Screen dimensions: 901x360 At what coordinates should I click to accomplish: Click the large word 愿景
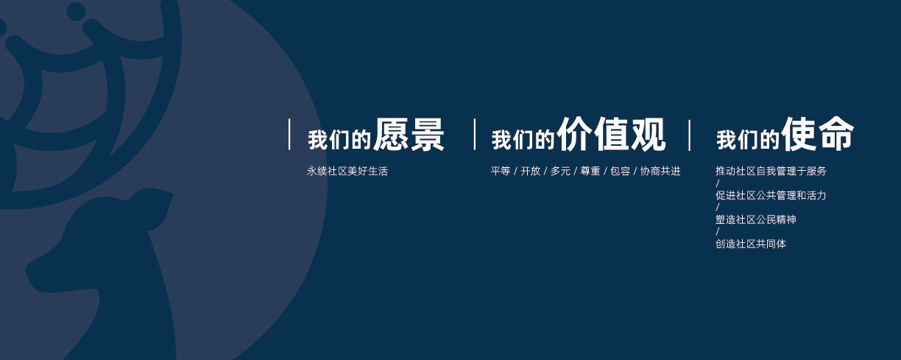[409, 134]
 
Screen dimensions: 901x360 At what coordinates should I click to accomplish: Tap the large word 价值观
[611, 134]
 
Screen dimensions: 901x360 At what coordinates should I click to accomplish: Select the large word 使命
[816, 133]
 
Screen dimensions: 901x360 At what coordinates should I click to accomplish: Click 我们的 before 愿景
[339, 140]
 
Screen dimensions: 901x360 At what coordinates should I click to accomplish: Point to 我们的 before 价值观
[523, 140]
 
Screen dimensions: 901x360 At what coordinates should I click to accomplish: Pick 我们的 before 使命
[747, 140]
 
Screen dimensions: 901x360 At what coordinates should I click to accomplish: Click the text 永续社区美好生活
[347, 171]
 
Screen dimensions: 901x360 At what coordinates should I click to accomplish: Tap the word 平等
[501, 171]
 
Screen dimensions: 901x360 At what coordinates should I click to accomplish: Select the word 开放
[530, 171]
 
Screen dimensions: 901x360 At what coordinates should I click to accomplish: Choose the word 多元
[560, 171]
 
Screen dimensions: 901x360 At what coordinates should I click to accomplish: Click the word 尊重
[590, 171]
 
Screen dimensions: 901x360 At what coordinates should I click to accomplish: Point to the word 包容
[621, 171]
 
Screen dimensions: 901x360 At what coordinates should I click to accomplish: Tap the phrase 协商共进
[660, 171]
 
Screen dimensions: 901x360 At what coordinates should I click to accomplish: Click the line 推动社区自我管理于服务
[771, 171]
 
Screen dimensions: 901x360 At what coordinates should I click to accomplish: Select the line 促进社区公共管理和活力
[771, 195]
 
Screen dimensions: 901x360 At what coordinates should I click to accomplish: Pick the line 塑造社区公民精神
[756, 219]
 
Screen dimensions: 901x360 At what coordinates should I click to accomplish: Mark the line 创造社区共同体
[751, 244]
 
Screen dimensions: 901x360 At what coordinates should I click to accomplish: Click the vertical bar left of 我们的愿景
[289, 134]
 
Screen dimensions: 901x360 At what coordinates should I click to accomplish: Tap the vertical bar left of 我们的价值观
[475, 134]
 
